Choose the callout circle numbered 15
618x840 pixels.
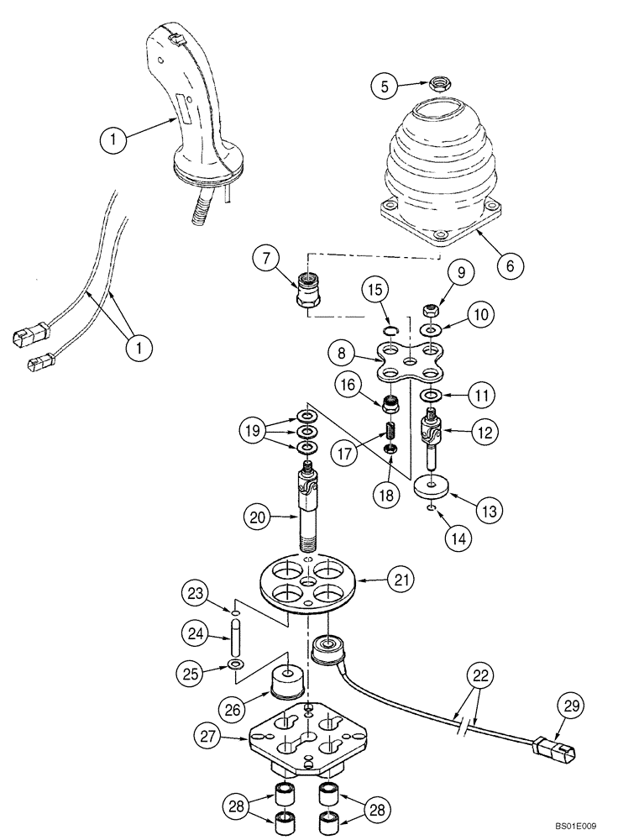click(x=377, y=291)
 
